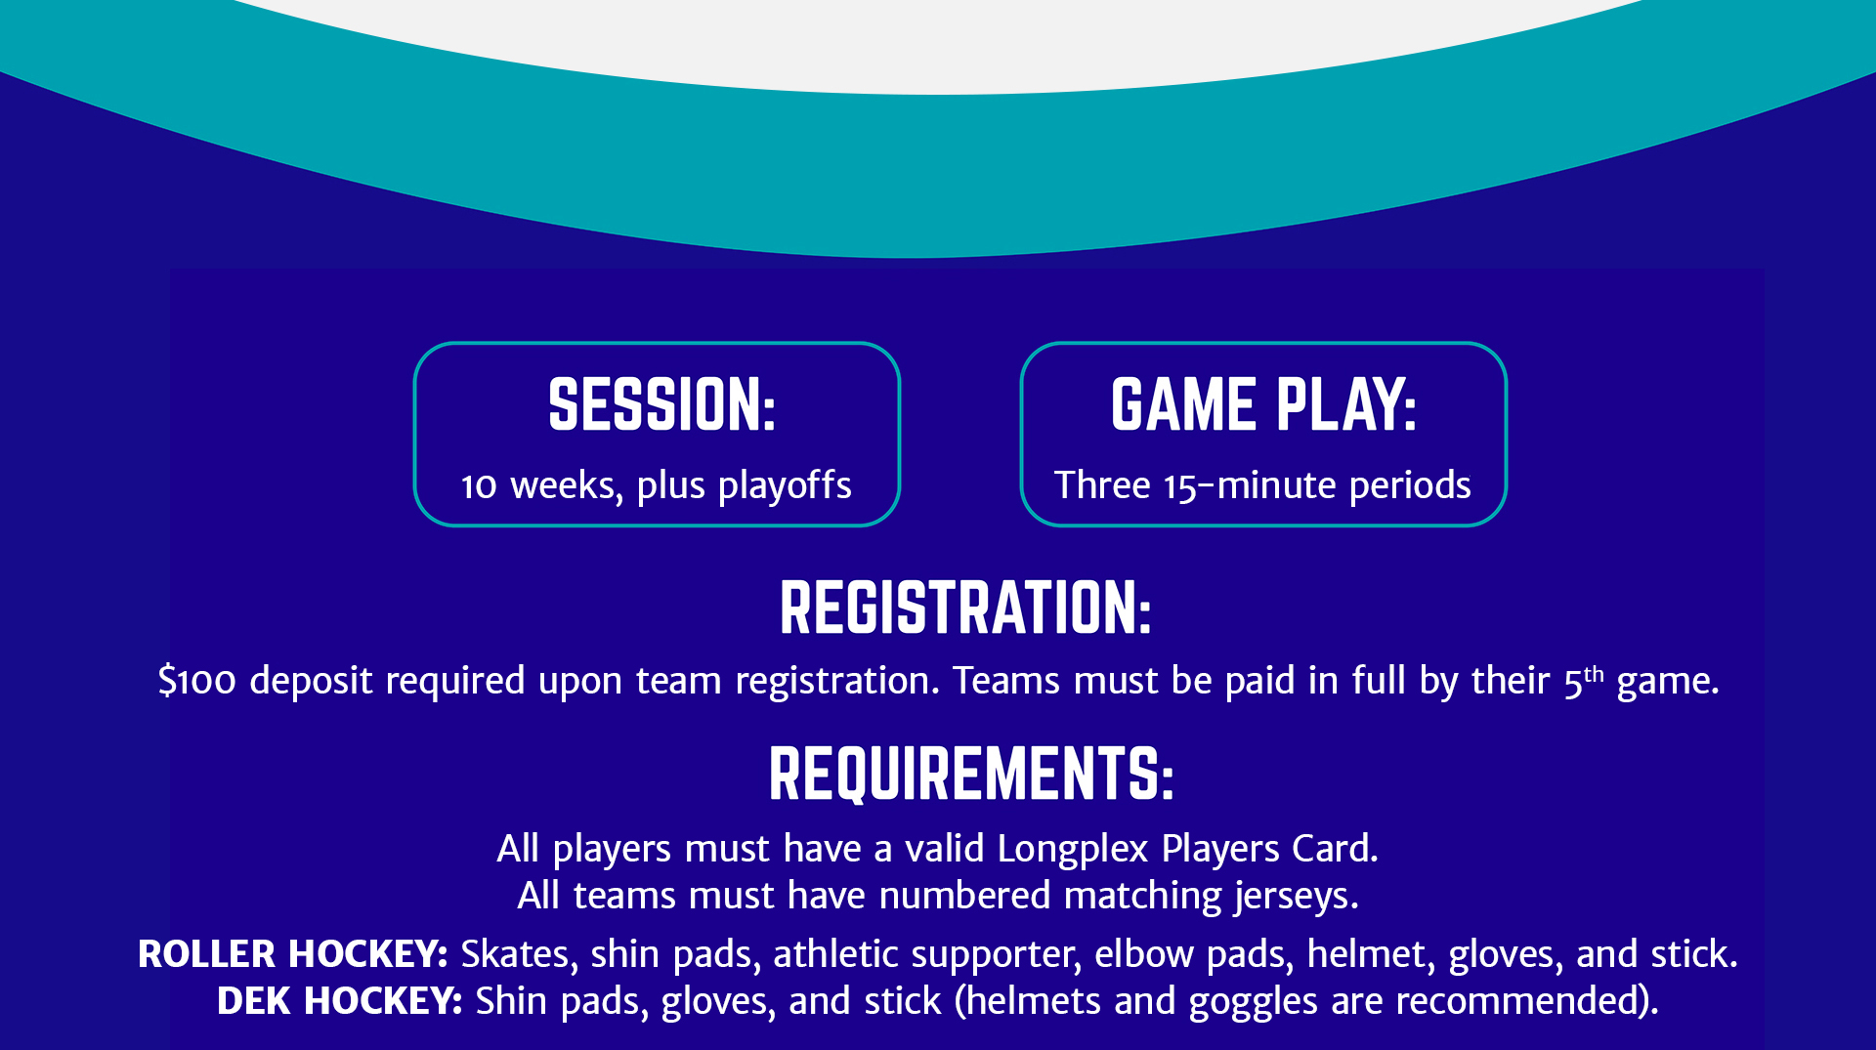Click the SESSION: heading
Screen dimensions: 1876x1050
[661, 404]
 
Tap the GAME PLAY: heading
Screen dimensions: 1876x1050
[1263, 404]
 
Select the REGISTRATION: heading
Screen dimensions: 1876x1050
[965, 608]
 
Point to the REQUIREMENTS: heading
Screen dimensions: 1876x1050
[970, 774]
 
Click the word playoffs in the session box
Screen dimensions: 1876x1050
[785, 486]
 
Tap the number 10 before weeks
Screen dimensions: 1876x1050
[479, 486]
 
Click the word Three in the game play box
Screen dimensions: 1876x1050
[1102, 484]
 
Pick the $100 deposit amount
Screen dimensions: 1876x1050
[196, 681]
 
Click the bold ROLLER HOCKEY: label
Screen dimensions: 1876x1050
[292, 954]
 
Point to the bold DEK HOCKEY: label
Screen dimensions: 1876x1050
[339, 1001]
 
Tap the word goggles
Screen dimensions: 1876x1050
[1254, 1002]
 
